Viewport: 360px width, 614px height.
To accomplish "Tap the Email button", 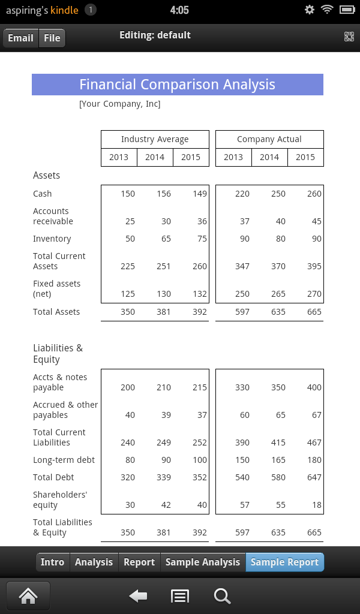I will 20,38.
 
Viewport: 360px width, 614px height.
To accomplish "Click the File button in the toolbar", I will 52,38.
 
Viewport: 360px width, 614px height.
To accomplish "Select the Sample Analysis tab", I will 202,562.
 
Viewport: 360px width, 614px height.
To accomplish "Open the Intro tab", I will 52,562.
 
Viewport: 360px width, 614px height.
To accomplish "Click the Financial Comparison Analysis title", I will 177,85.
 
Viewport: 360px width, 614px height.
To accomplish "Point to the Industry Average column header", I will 155,139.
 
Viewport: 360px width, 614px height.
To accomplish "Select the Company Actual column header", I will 269,139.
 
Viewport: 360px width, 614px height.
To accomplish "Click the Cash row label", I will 43,194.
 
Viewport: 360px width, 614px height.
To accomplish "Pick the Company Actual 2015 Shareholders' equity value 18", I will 316,505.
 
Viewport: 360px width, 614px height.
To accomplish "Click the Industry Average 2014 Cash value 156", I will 163,194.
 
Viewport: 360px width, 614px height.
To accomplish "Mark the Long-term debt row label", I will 64,460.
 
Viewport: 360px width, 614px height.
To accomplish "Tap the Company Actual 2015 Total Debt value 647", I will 314,477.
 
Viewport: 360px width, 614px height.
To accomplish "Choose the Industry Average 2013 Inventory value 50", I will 130,239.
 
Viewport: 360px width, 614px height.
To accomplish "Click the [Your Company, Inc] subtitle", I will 119,104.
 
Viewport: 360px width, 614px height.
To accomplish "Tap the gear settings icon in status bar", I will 310,10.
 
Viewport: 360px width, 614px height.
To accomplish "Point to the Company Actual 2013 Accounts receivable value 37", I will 244,221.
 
